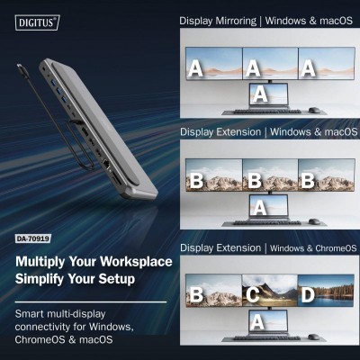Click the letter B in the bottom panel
[196, 294]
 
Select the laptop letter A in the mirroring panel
[260, 93]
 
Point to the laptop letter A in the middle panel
[260, 208]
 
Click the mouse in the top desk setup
[312, 110]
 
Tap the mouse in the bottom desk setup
[312, 337]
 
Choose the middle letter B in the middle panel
[254, 180]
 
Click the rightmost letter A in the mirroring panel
[309, 67]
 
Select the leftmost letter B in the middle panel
[196, 180]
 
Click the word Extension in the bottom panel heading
[240, 247]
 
